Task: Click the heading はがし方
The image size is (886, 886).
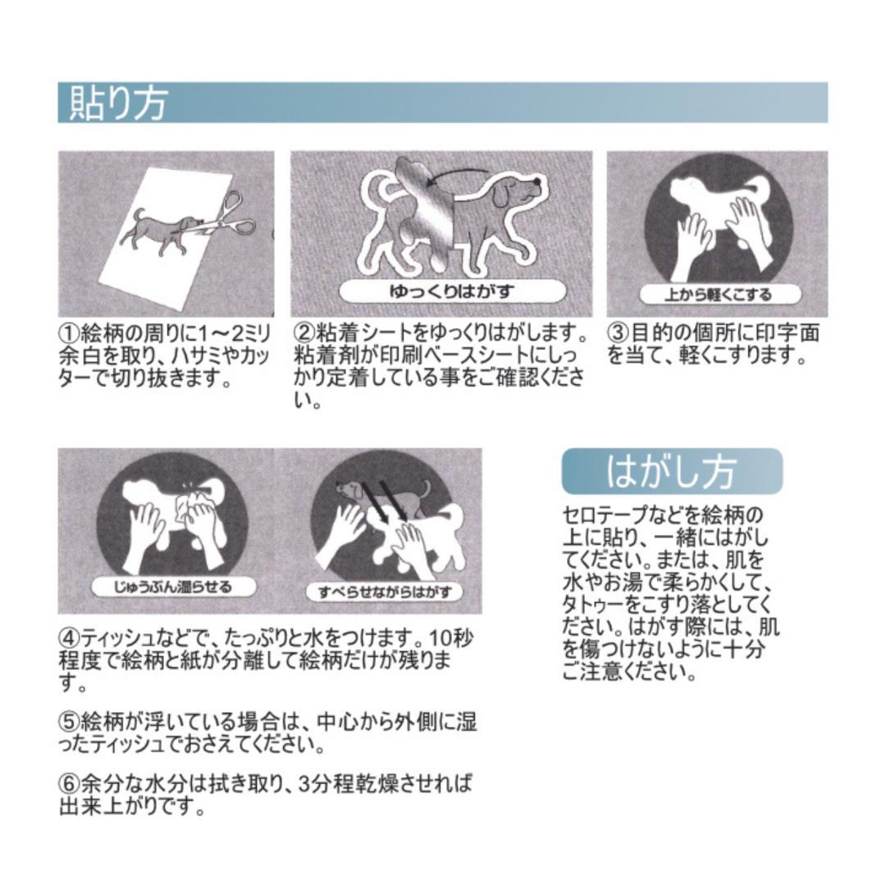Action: point(672,471)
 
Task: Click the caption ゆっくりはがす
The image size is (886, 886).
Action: point(452,291)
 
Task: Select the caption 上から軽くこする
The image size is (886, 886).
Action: point(718,294)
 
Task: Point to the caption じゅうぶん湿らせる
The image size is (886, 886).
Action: point(173,587)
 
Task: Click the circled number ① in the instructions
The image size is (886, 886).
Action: point(70,333)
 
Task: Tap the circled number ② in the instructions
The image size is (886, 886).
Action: point(304,333)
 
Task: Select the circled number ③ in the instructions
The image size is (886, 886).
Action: point(619,333)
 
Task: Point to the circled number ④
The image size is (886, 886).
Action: point(70,639)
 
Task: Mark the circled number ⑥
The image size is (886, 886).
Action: point(70,784)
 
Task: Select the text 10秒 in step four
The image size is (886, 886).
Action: point(453,639)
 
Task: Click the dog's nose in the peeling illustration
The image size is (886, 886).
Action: point(537,180)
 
